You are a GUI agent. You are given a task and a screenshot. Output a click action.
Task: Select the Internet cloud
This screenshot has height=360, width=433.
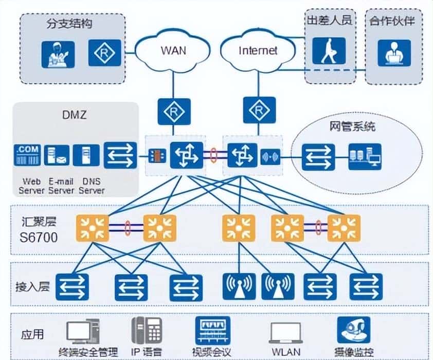point(258,50)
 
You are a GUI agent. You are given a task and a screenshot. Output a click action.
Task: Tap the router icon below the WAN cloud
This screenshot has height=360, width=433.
point(173,111)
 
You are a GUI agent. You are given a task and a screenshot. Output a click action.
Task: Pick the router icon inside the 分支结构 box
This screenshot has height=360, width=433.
point(104,53)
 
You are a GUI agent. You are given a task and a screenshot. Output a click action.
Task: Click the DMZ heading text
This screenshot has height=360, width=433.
point(76,115)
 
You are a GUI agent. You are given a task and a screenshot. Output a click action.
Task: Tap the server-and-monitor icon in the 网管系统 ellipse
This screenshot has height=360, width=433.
point(365,157)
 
